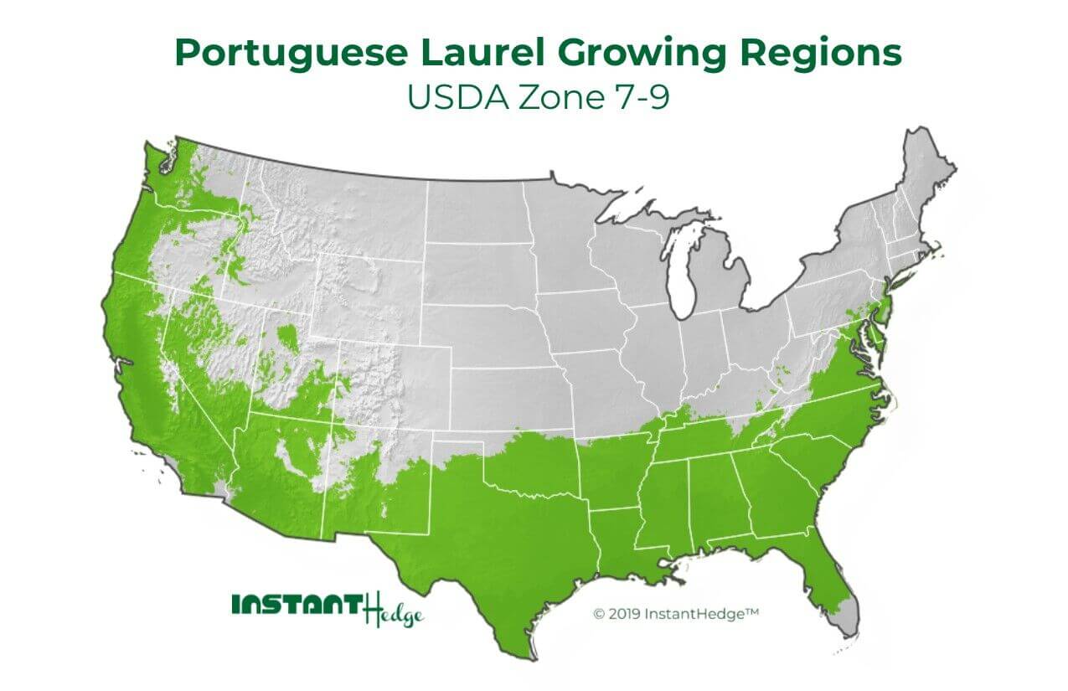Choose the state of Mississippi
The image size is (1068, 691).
point(666,503)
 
